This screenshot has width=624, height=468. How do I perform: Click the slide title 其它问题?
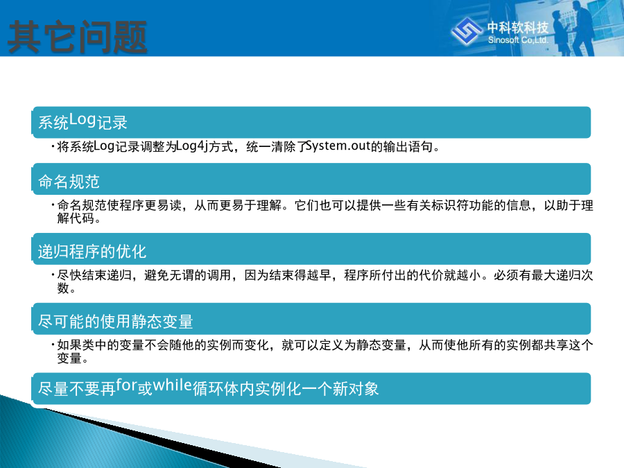tap(78, 37)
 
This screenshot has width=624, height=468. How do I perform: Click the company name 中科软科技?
tap(518, 28)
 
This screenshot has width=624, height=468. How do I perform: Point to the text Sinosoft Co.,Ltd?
tap(518, 40)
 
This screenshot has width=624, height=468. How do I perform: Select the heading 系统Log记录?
tap(83, 121)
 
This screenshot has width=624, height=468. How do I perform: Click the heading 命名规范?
tap(69, 182)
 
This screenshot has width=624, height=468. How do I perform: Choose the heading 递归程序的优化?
tap(92, 252)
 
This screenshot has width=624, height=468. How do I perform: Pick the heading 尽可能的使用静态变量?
tap(115, 321)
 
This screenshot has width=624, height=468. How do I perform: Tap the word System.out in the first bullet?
tap(338, 146)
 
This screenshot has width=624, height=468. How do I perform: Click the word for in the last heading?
tap(127, 385)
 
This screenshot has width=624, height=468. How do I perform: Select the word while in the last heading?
tap(173, 385)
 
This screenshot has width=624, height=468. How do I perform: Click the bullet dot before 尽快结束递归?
tap(53, 275)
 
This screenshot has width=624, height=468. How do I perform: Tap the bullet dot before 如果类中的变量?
tap(53, 344)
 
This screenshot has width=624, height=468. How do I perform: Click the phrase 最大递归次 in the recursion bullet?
tap(562, 275)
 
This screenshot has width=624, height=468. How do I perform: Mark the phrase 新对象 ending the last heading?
tap(356, 388)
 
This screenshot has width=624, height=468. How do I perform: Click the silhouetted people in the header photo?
tap(573, 28)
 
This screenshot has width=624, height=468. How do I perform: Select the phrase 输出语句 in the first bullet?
tap(408, 146)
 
